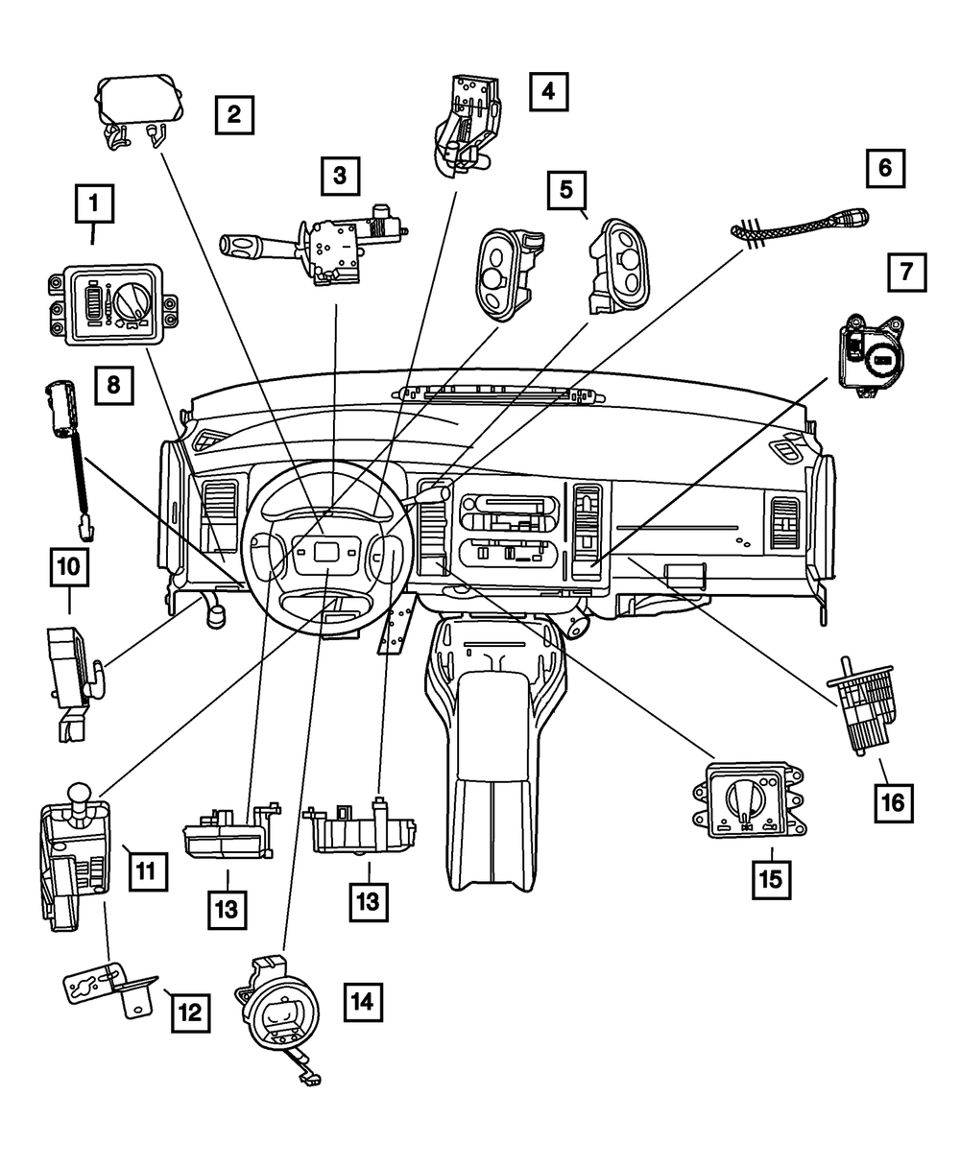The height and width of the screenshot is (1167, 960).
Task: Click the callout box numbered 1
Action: click(x=93, y=203)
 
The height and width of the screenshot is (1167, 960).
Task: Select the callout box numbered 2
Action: click(x=234, y=115)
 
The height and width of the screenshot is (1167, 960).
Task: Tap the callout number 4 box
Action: click(x=548, y=92)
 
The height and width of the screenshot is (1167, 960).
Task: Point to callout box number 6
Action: click(x=885, y=168)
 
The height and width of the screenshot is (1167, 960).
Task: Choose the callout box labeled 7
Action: click(x=907, y=272)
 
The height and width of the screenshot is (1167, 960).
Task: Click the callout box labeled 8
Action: click(x=113, y=386)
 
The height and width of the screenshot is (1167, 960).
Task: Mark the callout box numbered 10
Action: click(x=70, y=568)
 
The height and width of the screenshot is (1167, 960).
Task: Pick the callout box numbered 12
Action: click(x=190, y=1011)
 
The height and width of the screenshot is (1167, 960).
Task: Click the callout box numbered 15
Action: click(x=772, y=878)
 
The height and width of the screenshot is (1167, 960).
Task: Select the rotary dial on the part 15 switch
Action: click(x=746, y=799)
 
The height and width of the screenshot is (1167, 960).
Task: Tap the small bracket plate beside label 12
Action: click(x=108, y=986)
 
